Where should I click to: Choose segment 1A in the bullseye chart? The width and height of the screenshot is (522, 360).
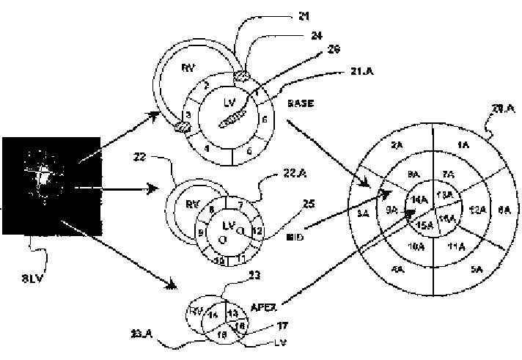tap(463, 146)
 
